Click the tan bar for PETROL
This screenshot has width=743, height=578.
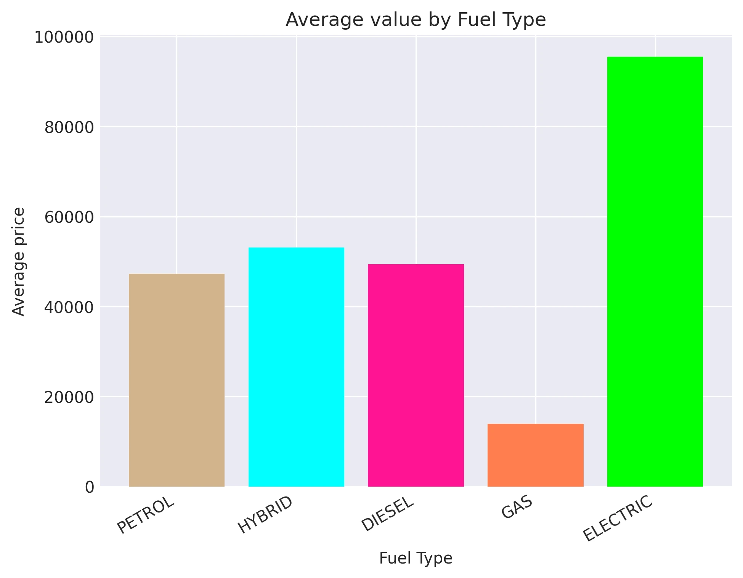point(177,380)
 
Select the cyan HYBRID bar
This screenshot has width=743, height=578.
point(296,367)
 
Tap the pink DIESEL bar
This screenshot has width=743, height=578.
point(416,375)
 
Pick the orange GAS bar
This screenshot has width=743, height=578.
point(535,455)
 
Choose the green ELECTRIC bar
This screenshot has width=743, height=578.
point(655,271)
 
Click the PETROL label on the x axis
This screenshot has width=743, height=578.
point(146,515)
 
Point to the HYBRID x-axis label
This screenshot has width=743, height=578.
point(265,514)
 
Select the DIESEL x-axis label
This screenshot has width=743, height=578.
point(387,514)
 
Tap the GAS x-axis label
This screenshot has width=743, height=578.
point(517,508)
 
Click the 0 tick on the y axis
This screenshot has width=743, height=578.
point(90,487)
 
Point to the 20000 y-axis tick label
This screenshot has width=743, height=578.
point(69,397)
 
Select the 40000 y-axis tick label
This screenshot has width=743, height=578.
point(69,307)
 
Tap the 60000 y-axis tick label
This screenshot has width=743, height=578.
point(69,217)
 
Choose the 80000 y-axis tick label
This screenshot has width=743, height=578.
point(69,128)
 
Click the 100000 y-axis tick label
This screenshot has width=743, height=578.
point(64,38)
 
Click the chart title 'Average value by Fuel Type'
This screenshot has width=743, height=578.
point(416,20)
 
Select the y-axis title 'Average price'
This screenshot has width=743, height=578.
point(18,262)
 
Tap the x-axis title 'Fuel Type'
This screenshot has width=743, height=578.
point(416,558)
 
